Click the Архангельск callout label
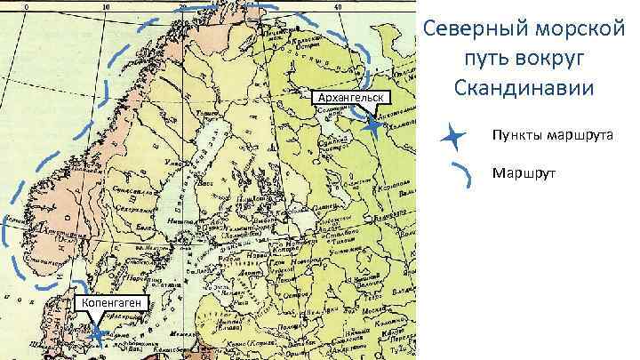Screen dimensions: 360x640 coord(352,96)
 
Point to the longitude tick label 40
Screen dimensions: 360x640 coord(338,6)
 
